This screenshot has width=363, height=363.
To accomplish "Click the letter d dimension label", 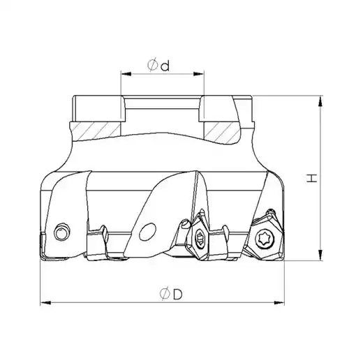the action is coord(165,66).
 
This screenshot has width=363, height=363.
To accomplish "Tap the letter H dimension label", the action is coord(311,178).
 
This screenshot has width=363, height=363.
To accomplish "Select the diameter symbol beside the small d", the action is coord(152,65).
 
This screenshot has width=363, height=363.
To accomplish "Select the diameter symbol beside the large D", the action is coord(165,294).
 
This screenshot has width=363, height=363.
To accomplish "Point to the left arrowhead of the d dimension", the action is coord(126,74).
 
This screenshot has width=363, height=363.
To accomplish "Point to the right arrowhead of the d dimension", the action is coord(199,74).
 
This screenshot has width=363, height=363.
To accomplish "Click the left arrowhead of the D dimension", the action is coord(45,303).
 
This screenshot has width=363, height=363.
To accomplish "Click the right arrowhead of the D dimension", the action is coord(279,303).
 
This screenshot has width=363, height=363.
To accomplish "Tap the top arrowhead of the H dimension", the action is coord(320,101).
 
